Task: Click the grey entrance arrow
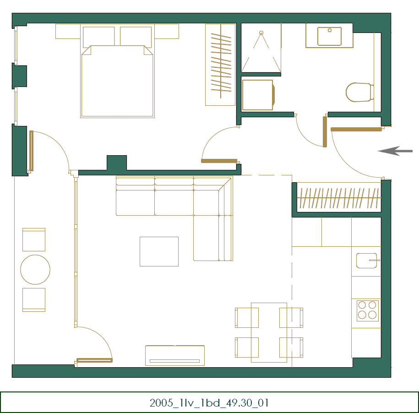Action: click(x=395, y=151)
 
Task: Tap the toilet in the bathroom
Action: click(x=359, y=92)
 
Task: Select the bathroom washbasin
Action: click(x=329, y=36)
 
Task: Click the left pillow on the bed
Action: click(x=99, y=36)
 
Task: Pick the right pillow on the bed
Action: click(x=136, y=36)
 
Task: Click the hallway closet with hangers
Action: click(x=339, y=198)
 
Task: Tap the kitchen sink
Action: click(x=367, y=261)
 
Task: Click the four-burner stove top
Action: click(x=367, y=310)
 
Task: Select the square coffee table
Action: click(x=159, y=251)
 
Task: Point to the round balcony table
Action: click(x=35, y=270)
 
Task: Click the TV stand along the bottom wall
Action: click(x=174, y=355)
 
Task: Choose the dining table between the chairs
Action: click(x=269, y=332)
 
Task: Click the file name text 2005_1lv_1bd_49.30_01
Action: click(x=209, y=403)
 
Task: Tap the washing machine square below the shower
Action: click(x=257, y=95)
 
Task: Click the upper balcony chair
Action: click(x=34, y=239)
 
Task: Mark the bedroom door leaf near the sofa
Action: click(x=219, y=161)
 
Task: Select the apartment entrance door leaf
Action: click(x=356, y=130)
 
